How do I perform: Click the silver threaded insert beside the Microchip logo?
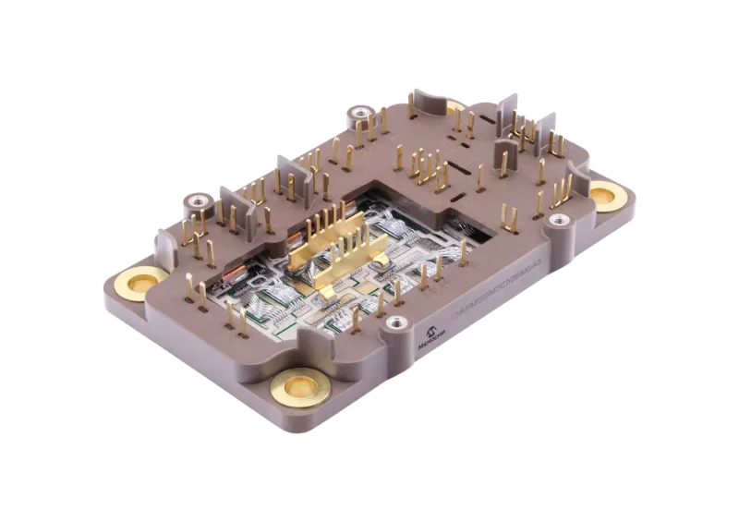[398, 322]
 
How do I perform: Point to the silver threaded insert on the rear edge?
[357, 114]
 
